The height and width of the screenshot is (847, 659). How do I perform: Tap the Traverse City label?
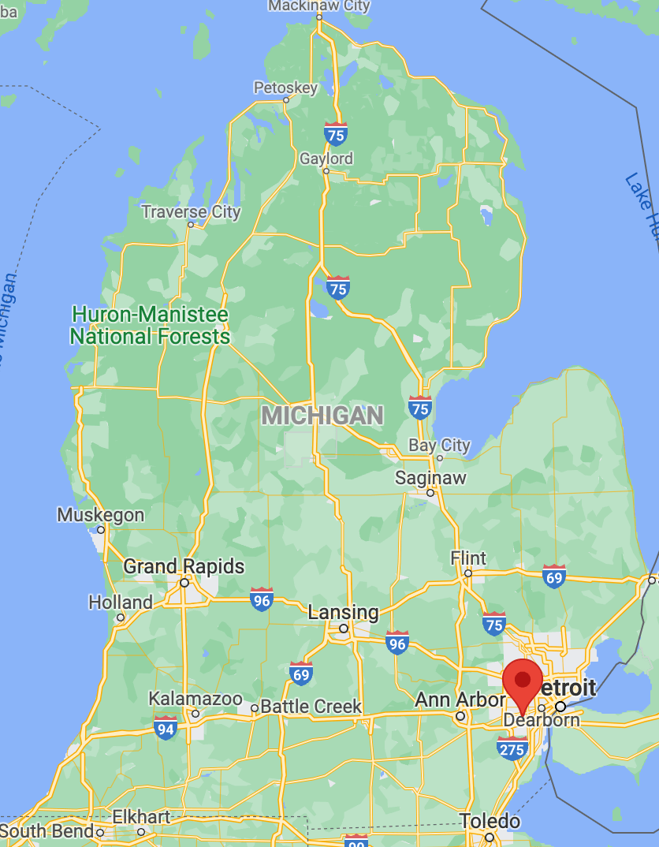coord(191,211)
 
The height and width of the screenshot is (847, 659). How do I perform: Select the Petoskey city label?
coord(285,88)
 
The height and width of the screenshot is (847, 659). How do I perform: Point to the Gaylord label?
coord(326,159)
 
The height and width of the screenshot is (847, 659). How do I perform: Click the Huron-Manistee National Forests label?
coord(150,326)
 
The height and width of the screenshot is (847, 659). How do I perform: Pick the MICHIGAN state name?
coord(322,416)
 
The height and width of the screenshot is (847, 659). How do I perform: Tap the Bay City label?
coord(439,446)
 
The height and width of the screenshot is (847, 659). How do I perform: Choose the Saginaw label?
coord(430,478)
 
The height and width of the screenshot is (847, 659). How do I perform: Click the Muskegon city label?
coord(100,515)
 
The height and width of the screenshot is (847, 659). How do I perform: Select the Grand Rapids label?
coord(184,566)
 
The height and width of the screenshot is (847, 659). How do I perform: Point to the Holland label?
coord(120,603)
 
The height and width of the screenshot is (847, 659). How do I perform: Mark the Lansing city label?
coord(343,612)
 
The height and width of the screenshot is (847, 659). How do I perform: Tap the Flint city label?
coord(468,558)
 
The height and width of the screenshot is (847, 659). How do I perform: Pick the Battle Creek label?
coord(311,707)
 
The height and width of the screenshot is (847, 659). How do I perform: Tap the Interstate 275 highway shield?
coord(512,748)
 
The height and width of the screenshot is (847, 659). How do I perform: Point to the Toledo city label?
coord(490,821)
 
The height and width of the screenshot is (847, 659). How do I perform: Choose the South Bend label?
coord(47,831)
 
